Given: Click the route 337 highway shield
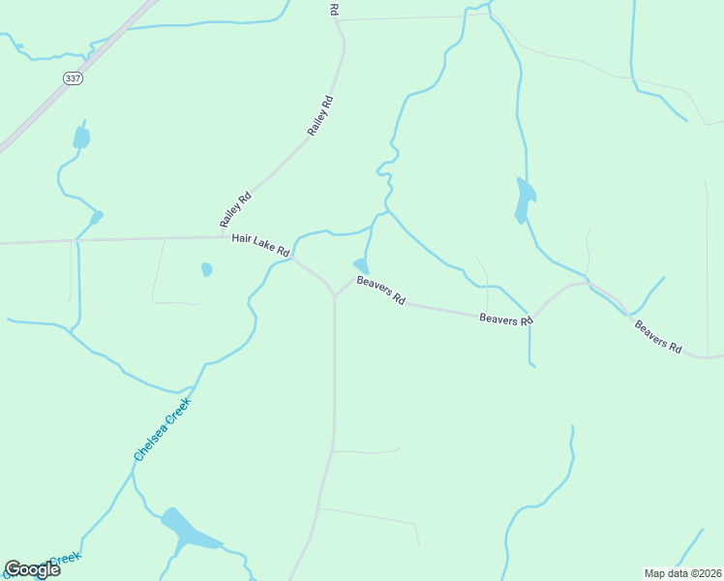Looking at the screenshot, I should pyautogui.click(x=72, y=77).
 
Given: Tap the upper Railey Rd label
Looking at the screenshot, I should pyautogui.click(x=320, y=115).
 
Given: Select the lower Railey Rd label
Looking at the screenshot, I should pyautogui.click(x=235, y=208).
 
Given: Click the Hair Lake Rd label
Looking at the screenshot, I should pyautogui.click(x=259, y=244).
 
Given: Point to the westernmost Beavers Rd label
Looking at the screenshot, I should pyautogui.click(x=380, y=290).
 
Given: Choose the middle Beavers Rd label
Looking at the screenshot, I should pyautogui.click(x=506, y=319).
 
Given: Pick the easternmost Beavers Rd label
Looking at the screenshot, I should pyautogui.click(x=658, y=336).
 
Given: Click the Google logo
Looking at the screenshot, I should pyautogui.click(x=32, y=568).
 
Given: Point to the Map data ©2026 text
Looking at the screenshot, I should pyautogui.click(x=682, y=572).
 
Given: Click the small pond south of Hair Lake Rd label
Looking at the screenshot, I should pyautogui.click(x=206, y=269).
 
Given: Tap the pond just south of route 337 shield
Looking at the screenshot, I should pyautogui.click(x=81, y=138).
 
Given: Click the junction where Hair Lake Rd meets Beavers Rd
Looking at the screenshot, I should pyautogui.click(x=334, y=295).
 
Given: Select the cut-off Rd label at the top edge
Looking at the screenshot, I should pyautogui.click(x=334, y=8).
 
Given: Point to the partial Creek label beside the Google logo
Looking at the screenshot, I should pyautogui.click(x=65, y=559).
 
